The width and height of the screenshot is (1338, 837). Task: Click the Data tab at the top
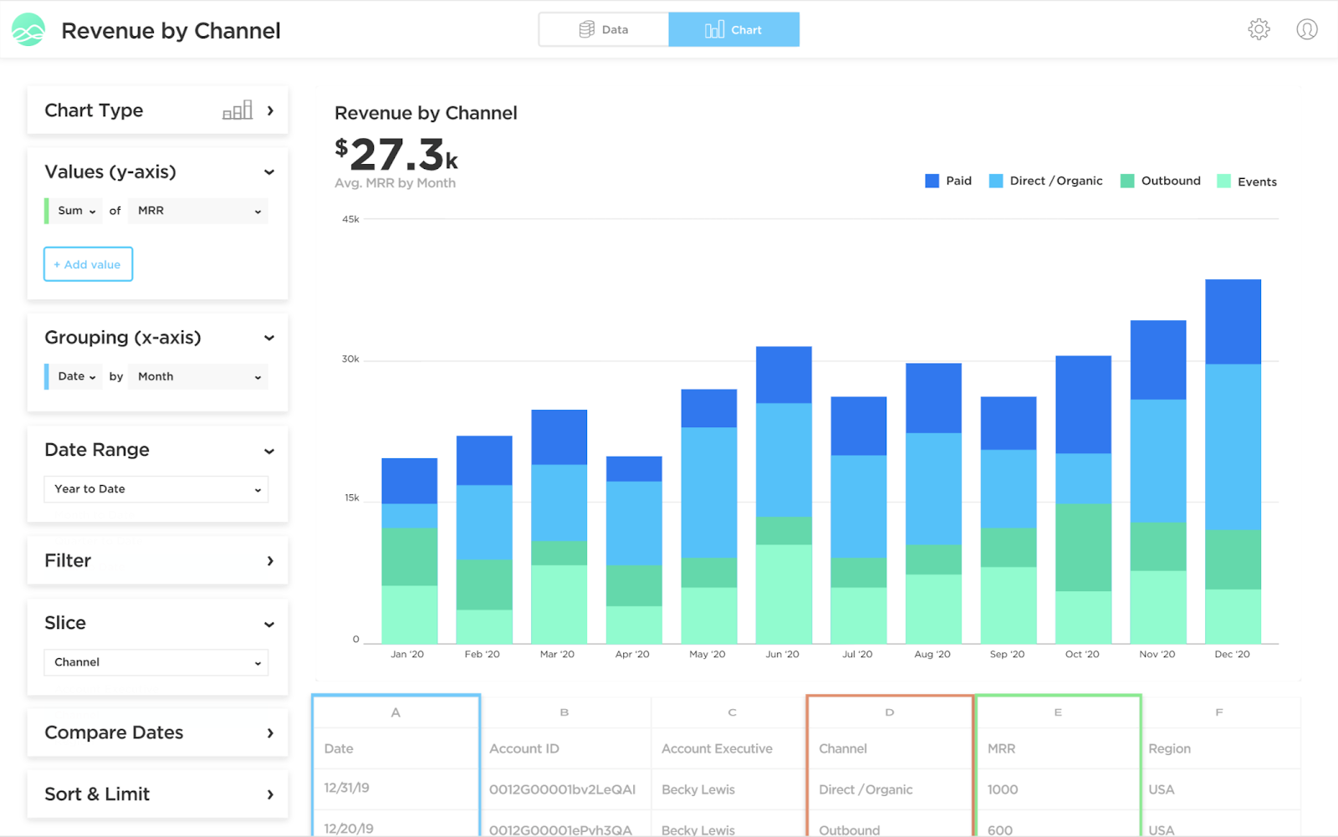click(604, 29)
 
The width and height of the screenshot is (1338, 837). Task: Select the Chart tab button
click(733, 29)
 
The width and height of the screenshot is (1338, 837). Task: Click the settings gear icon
click(1259, 29)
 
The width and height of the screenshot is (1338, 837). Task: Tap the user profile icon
click(1306, 29)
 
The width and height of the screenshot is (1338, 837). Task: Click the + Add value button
click(88, 264)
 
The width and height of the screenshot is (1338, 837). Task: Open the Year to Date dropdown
click(156, 489)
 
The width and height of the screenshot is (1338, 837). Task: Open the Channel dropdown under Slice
click(156, 662)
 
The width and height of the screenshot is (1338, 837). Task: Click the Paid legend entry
click(948, 181)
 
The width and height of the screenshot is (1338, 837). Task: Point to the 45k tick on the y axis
click(350, 219)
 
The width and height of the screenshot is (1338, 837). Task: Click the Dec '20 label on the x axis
click(1232, 654)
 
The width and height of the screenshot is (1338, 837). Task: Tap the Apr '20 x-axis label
click(632, 654)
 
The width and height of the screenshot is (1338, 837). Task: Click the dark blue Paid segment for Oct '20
click(1083, 405)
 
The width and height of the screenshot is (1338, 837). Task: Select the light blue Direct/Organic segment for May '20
click(708, 492)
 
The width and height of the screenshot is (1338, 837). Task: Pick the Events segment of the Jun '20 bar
click(784, 594)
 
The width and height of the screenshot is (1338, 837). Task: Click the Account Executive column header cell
click(717, 748)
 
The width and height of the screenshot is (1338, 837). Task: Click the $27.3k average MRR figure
click(396, 155)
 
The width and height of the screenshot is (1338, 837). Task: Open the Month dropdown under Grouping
click(198, 376)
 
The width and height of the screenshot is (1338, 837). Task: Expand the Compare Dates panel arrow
click(270, 732)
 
